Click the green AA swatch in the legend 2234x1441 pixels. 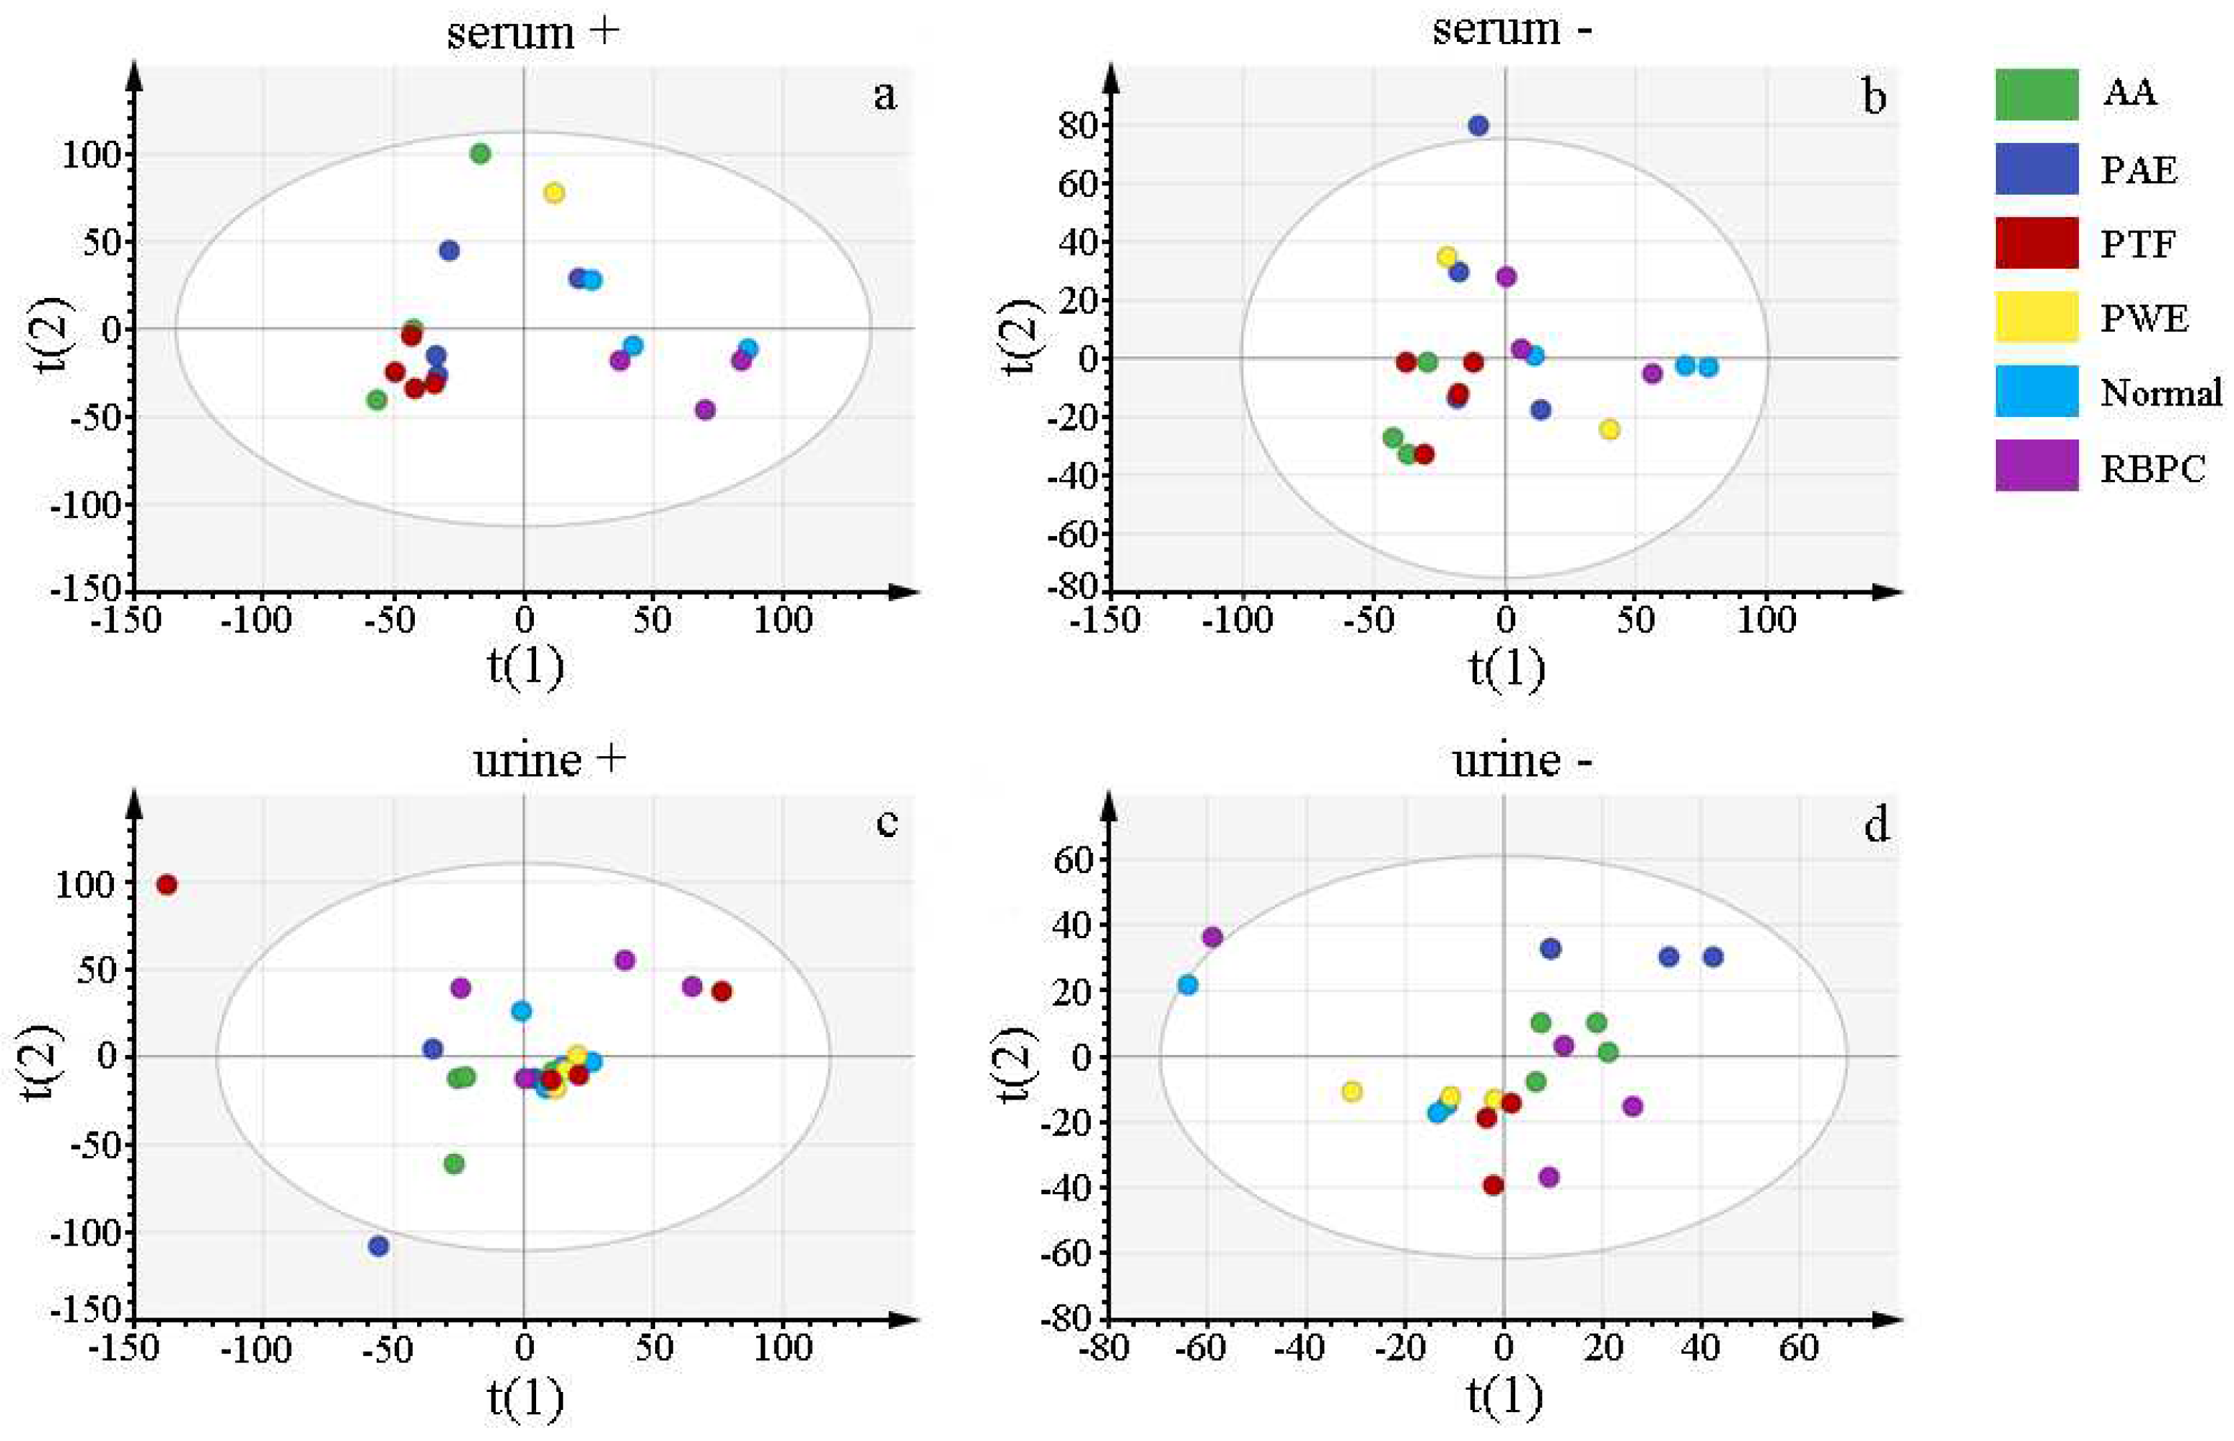click(2036, 95)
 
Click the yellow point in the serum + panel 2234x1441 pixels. click(554, 193)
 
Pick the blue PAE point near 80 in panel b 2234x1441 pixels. click(1478, 126)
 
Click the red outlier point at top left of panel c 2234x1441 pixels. click(167, 884)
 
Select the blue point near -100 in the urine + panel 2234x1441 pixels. click(378, 1246)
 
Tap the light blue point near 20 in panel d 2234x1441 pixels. click(1187, 984)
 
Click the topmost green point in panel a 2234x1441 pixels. click(480, 154)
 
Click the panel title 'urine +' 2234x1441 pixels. click(549, 760)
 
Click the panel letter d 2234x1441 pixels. click(1875, 825)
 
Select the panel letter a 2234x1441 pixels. click(884, 95)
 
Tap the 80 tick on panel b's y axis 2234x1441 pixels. click(1077, 126)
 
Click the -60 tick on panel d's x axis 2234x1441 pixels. click(1206, 1349)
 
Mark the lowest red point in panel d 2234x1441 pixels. click(1493, 1186)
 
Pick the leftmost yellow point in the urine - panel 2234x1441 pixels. click(1351, 1091)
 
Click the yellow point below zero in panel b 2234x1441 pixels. click(1609, 429)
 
